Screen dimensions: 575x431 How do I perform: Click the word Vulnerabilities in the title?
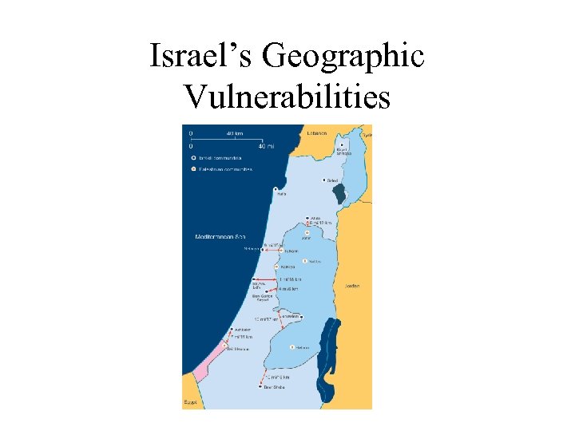[287, 97]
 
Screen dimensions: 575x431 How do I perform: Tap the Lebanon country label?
[317, 132]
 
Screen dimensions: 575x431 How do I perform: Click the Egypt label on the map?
[190, 403]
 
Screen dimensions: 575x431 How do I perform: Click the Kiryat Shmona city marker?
[337, 145]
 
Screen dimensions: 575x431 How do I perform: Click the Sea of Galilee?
[341, 192]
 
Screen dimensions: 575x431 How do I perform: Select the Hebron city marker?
[292, 347]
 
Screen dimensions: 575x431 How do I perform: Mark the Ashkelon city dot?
[232, 329]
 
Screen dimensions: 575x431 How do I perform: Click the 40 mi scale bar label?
[265, 146]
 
